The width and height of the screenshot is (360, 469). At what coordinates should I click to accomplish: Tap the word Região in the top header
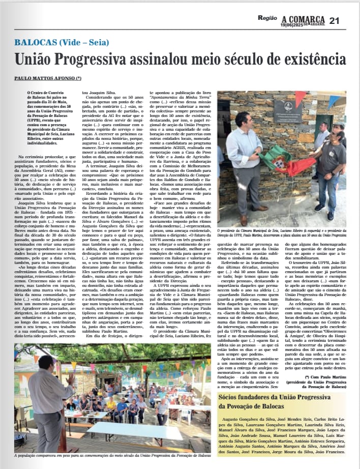(267, 18)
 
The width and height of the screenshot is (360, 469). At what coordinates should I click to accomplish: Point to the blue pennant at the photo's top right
(333, 100)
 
